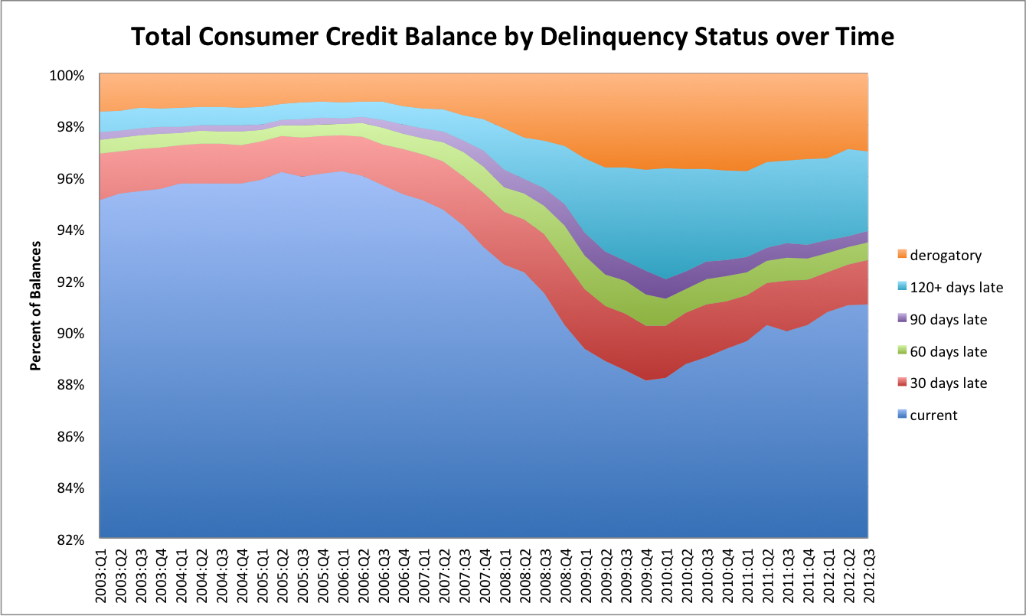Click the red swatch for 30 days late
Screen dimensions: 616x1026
point(902,383)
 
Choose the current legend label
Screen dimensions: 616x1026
point(933,416)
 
